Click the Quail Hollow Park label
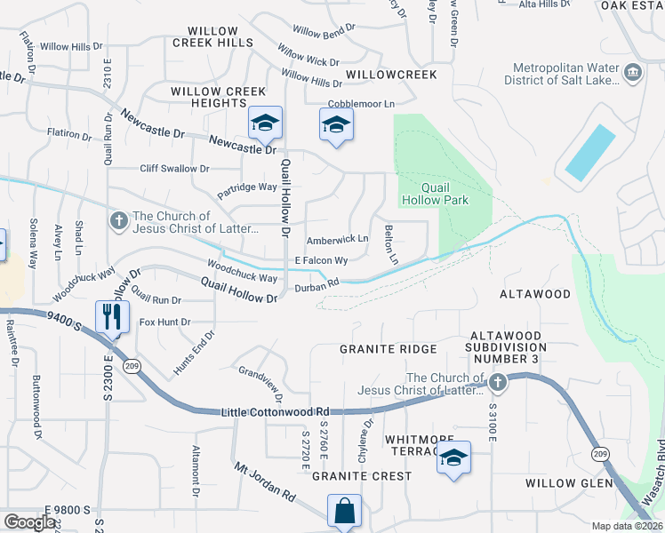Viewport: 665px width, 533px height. point(444,194)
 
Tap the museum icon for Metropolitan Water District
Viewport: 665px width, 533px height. point(633,72)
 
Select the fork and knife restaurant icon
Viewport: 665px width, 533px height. point(112,317)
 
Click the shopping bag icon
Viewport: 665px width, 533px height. point(344,512)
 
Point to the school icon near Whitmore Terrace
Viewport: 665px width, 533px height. point(453,458)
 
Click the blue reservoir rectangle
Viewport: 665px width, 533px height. point(589,152)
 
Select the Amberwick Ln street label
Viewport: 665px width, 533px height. point(337,240)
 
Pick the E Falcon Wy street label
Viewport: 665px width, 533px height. point(321,260)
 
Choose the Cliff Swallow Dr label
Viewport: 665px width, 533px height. point(174,168)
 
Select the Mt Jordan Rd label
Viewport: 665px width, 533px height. point(264,479)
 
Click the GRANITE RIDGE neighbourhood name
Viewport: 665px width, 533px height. point(388,349)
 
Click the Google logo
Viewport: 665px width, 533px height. point(28,521)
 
